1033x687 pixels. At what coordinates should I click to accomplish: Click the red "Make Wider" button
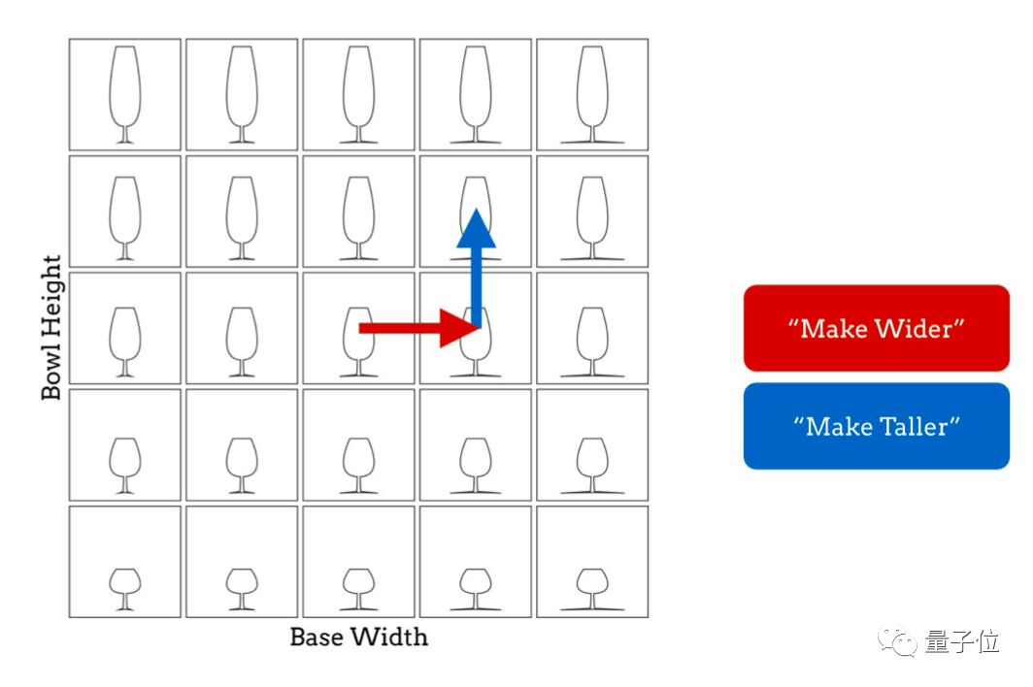[x=876, y=328]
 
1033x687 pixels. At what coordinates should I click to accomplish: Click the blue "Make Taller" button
[x=876, y=426]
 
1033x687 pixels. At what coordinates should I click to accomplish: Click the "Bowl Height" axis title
[x=51, y=327]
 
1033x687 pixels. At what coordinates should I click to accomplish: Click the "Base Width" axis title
[x=358, y=638]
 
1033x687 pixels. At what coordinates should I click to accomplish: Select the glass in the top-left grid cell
[x=124, y=95]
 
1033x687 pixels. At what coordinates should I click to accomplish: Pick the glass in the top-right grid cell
[x=591, y=95]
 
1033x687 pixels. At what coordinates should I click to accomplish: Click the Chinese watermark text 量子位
[x=962, y=641]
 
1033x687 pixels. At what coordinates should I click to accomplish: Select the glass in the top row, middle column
[x=358, y=95]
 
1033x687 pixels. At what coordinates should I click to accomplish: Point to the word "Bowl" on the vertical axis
[x=51, y=373]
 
